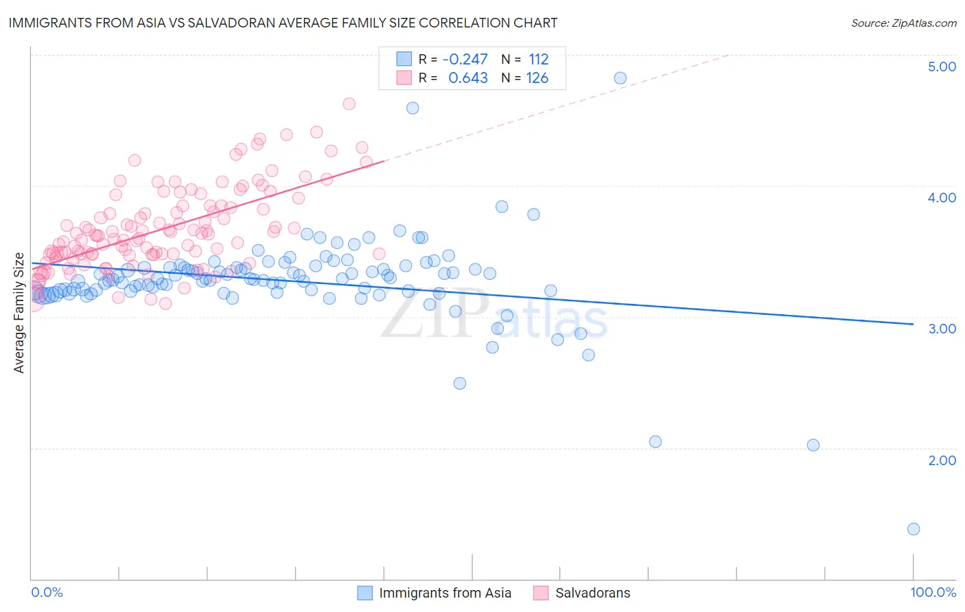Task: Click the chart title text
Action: [283, 23]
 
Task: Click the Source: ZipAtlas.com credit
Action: [903, 23]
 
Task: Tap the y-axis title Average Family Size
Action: [19, 313]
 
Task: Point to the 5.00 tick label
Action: [942, 67]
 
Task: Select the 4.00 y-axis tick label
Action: [942, 198]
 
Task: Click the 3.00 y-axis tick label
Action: [942, 329]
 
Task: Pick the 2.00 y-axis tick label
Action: [942, 460]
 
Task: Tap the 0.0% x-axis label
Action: [47, 593]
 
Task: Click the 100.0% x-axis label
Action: [933, 593]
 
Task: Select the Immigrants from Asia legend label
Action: [445, 593]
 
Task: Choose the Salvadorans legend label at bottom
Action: [592, 593]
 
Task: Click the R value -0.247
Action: [465, 60]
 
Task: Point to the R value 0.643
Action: [468, 78]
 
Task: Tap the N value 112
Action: [538, 60]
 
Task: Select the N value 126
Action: [537, 78]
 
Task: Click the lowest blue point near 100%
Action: [913, 529]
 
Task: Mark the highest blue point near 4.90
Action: [620, 78]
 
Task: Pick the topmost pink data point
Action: [349, 104]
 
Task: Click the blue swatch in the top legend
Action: [404, 60]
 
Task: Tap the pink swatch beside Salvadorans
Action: [541, 593]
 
